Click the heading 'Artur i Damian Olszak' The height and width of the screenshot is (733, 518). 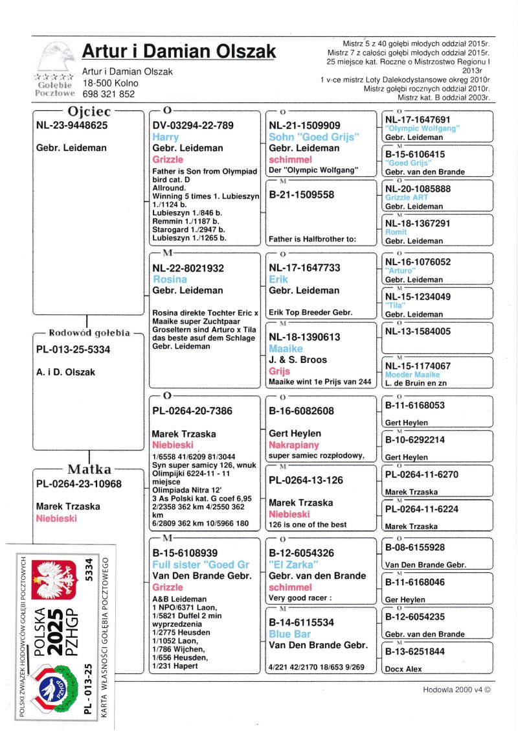pos(179,51)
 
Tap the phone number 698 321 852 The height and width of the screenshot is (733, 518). pos(108,94)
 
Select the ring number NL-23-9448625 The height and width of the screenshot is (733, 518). pos(73,126)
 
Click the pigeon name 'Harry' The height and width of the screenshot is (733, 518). pos(165,137)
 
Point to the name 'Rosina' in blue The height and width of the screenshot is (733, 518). pos(170,279)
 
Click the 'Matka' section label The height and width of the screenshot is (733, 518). pos(89,469)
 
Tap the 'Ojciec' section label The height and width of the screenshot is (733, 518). pos(89,111)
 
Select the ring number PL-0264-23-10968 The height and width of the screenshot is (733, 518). pos(78,484)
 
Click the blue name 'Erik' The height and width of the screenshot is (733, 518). pos(280,279)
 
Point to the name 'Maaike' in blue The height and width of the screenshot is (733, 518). pos(287,349)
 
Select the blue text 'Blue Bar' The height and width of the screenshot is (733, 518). pos(289,634)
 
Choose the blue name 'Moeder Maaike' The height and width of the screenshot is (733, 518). pos(412,375)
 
